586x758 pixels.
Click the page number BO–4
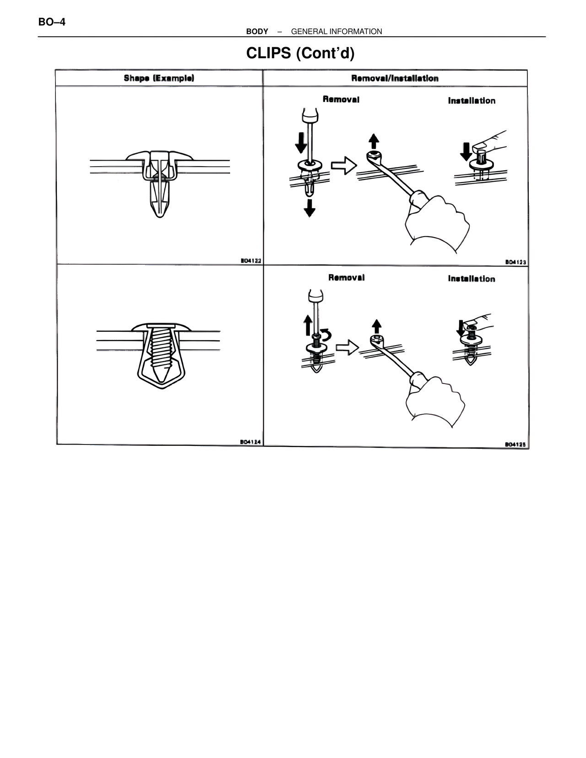point(52,22)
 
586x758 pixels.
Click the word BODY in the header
point(257,32)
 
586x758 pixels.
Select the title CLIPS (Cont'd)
point(300,53)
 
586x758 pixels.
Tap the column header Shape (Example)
point(159,78)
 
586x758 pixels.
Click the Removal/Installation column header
point(395,78)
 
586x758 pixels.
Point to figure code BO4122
point(251,260)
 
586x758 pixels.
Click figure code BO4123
point(516,262)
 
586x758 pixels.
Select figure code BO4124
point(250,442)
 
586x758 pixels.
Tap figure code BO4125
point(515,444)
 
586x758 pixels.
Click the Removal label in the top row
point(341,99)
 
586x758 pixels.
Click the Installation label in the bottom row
point(472,279)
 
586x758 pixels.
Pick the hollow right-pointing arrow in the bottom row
point(347,347)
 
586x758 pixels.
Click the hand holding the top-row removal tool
point(437,223)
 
